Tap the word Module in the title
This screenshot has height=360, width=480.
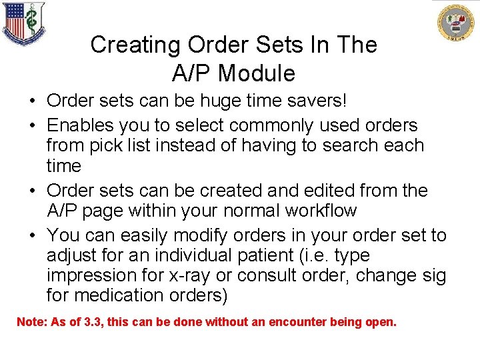[x=256, y=72]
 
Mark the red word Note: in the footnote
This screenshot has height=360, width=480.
[x=30, y=322]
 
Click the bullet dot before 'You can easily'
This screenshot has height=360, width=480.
[x=33, y=235]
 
